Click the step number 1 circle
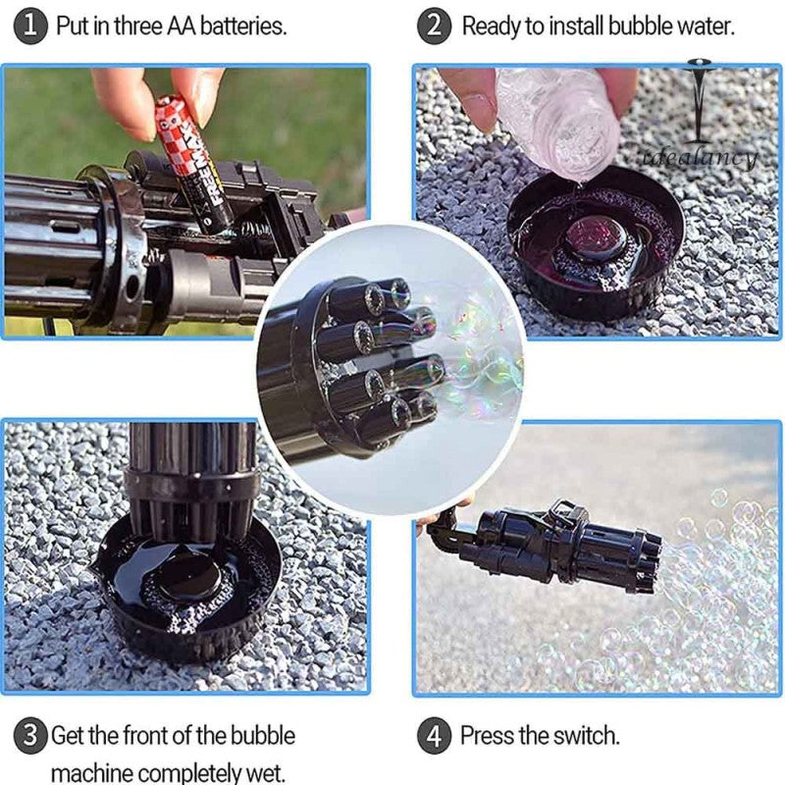(x=30, y=26)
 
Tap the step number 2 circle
(x=435, y=26)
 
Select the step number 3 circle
(x=30, y=737)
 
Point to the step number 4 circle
(x=435, y=737)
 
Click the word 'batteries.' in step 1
(x=243, y=26)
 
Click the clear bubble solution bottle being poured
(x=559, y=124)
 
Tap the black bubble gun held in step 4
(x=545, y=545)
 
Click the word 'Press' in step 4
(x=487, y=735)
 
